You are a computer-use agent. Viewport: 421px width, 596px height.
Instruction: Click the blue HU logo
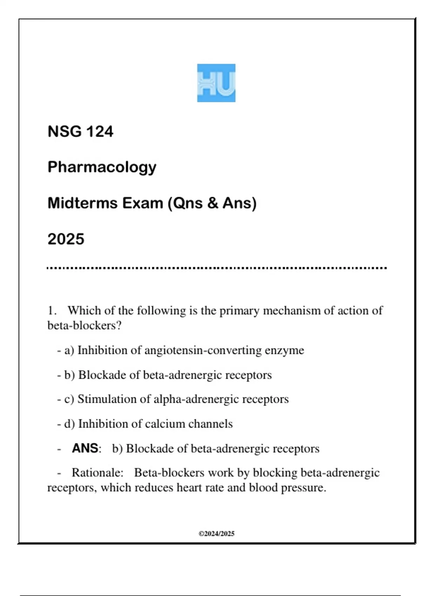(216, 83)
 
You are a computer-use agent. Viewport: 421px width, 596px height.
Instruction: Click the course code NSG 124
(80, 131)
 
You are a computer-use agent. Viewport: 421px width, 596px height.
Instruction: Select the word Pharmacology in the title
(102, 167)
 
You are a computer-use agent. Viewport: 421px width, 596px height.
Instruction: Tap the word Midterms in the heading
(82, 203)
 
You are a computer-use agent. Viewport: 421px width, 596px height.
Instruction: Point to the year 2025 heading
(66, 239)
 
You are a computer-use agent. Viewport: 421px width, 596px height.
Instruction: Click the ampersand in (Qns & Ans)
(213, 203)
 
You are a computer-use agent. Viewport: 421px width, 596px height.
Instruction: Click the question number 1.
(52, 311)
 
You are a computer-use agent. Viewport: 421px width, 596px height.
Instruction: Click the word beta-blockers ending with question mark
(84, 326)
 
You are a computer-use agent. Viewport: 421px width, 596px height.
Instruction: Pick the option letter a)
(69, 350)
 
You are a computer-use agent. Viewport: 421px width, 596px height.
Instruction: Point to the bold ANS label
(85, 448)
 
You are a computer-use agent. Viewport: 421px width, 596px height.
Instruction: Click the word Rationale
(98, 473)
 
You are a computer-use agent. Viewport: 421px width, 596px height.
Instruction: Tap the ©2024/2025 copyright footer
(216, 534)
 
